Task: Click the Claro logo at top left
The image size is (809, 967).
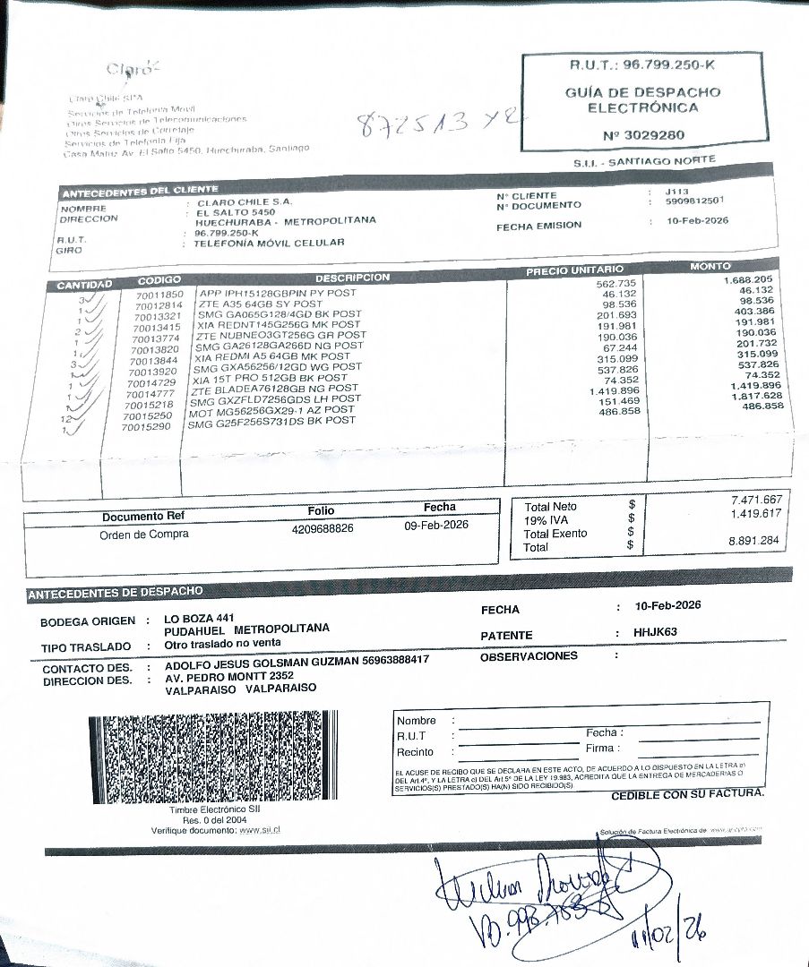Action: [125, 70]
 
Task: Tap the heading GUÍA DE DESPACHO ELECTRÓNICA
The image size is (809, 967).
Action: [642, 99]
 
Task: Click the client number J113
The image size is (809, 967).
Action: [676, 192]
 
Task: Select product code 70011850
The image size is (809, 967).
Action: [159, 294]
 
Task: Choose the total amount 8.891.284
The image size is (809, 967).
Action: [756, 541]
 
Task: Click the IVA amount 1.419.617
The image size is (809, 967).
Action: [757, 513]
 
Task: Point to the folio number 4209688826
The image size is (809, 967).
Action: [323, 529]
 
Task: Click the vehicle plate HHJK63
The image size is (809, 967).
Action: [655, 633]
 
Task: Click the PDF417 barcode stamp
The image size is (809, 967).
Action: [214, 757]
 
